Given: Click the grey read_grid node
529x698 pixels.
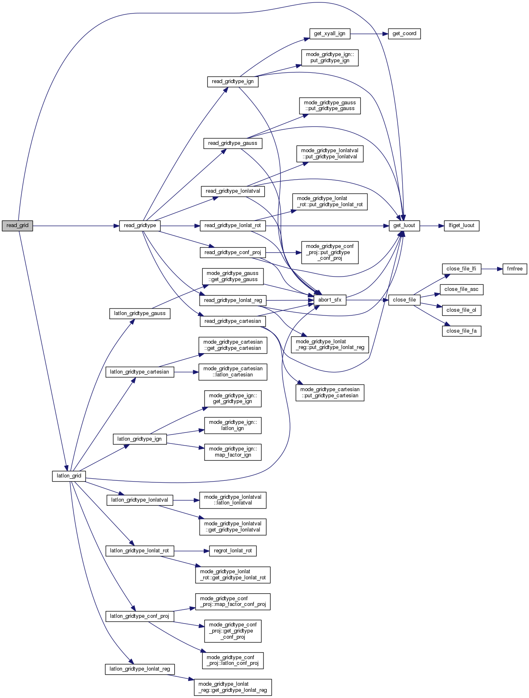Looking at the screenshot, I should (x=17, y=225).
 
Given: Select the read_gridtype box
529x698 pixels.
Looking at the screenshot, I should (x=140, y=225).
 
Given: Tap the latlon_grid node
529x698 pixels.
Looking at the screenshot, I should (x=69, y=476).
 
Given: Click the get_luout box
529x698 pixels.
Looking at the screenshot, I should (x=404, y=225).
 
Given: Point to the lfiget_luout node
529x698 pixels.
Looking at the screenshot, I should (x=461, y=225).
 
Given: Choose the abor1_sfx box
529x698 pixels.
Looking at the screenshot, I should (x=330, y=300).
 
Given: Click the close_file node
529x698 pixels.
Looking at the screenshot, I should (x=404, y=300).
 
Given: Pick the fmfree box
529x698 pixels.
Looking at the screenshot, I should (x=515, y=269).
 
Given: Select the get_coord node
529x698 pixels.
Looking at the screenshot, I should (x=404, y=34).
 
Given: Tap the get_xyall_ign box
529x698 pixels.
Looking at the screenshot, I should (x=329, y=34).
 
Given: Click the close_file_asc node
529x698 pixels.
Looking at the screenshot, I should (x=461, y=289).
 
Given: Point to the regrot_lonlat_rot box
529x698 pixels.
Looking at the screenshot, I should (x=233, y=551).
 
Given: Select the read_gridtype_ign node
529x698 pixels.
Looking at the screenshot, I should (x=232, y=81).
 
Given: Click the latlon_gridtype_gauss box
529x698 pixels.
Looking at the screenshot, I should (x=140, y=313).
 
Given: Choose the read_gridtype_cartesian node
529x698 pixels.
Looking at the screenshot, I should (x=232, y=321).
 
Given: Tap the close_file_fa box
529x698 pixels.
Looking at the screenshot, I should (x=461, y=331).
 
